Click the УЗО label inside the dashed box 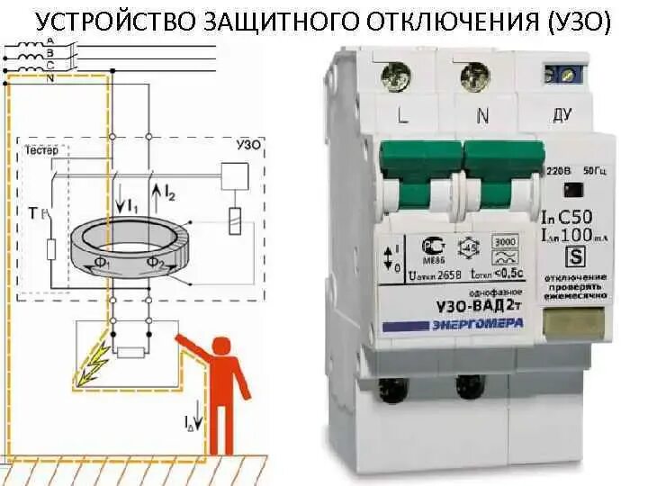tap(247, 144)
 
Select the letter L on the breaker tap(402, 114)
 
